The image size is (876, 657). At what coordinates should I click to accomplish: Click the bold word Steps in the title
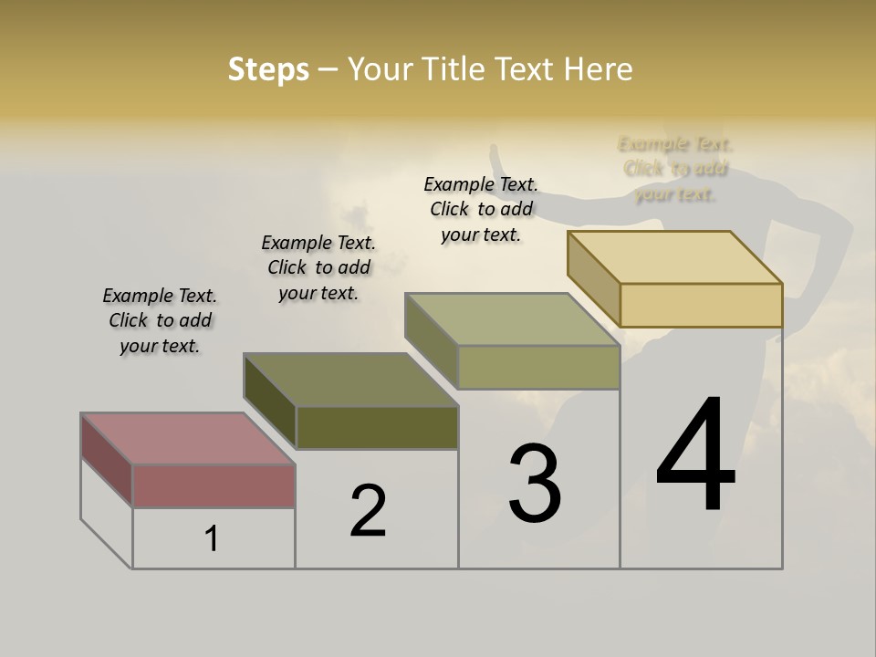[268, 69]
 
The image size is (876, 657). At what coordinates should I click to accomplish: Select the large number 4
[695, 456]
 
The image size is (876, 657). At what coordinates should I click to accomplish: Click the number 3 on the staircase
[535, 484]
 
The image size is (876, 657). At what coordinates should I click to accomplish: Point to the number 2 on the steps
[368, 511]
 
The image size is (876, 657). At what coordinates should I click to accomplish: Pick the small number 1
[212, 539]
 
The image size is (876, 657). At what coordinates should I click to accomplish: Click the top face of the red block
[187, 439]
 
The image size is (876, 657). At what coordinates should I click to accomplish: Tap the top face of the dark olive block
[350, 380]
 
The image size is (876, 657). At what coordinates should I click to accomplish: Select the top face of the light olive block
[512, 319]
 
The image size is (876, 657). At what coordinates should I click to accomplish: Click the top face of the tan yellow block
[674, 257]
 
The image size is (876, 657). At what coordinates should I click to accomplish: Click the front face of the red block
[214, 485]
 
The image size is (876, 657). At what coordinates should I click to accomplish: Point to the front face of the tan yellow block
[701, 305]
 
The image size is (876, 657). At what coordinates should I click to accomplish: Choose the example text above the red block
[160, 320]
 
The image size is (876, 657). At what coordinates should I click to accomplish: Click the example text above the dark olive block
[318, 267]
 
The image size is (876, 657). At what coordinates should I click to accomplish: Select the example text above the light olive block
[481, 209]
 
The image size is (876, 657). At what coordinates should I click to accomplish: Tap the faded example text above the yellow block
[675, 169]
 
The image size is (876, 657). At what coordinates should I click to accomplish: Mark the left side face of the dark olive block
[270, 402]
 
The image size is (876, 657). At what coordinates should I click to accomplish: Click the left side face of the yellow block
[593, 279]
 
